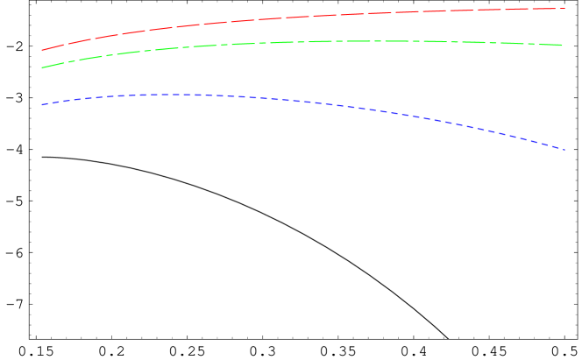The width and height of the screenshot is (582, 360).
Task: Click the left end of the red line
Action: (x=42, y=51)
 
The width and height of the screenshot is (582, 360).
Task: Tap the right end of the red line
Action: (x=565, y=9)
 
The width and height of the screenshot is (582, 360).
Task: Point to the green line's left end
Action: (x=42, y=67)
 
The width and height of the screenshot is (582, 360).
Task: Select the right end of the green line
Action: (x=563, y=45)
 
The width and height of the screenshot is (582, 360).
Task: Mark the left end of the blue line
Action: (x=42, y=104)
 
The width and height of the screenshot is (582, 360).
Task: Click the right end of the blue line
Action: (x=566, y=149)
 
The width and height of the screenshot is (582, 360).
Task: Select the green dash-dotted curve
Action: (x=263, y=43)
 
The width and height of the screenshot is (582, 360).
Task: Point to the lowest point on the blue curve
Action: (x=566, y=149)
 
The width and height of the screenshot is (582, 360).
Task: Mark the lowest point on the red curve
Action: (x=42, y=51)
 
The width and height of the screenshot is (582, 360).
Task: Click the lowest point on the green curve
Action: (x=42, y=67)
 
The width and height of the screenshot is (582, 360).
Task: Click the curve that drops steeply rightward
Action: (x=491, y=130)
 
